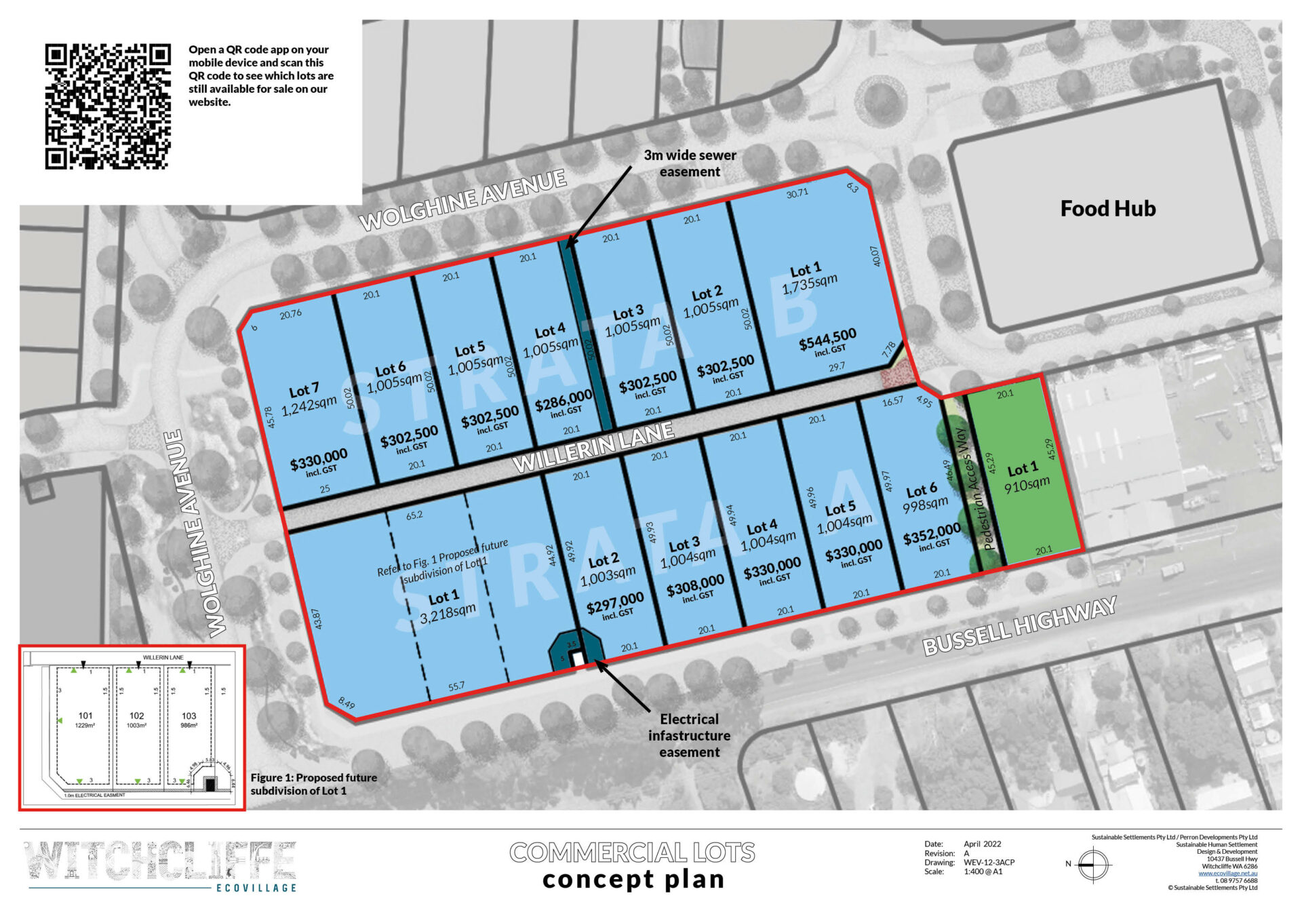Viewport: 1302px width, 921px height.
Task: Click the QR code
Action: pyautogui.click(x=107, y=106)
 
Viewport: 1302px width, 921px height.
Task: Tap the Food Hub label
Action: pyautogui.click(x=1107, y=208)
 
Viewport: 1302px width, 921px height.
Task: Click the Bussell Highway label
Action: pyautogui.click(x=1019, y=626)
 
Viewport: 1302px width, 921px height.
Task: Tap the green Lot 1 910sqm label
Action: pyautogui.click(x=1025, y=477)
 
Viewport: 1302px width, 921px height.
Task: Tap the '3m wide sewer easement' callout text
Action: pyautogui.click(x=690, y=163)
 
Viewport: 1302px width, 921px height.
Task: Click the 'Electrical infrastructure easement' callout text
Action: pyautogui.click(x=689, y=735)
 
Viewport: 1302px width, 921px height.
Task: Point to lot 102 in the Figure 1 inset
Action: pyautogui.click(x=136, y=719)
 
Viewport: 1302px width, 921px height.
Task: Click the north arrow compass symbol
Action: pyautogui.click(x=1092, y=865)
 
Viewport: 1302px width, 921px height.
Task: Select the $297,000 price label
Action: pyautogui.click(x=615, y=602)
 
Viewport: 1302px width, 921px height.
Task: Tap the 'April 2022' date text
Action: pyautogui.click(x=982, y=844)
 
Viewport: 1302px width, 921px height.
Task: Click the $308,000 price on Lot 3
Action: pyautogui.click(x=695, y=585)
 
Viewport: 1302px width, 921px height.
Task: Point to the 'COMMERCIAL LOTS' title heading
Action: pyautogui.click(x=632, y=852)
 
